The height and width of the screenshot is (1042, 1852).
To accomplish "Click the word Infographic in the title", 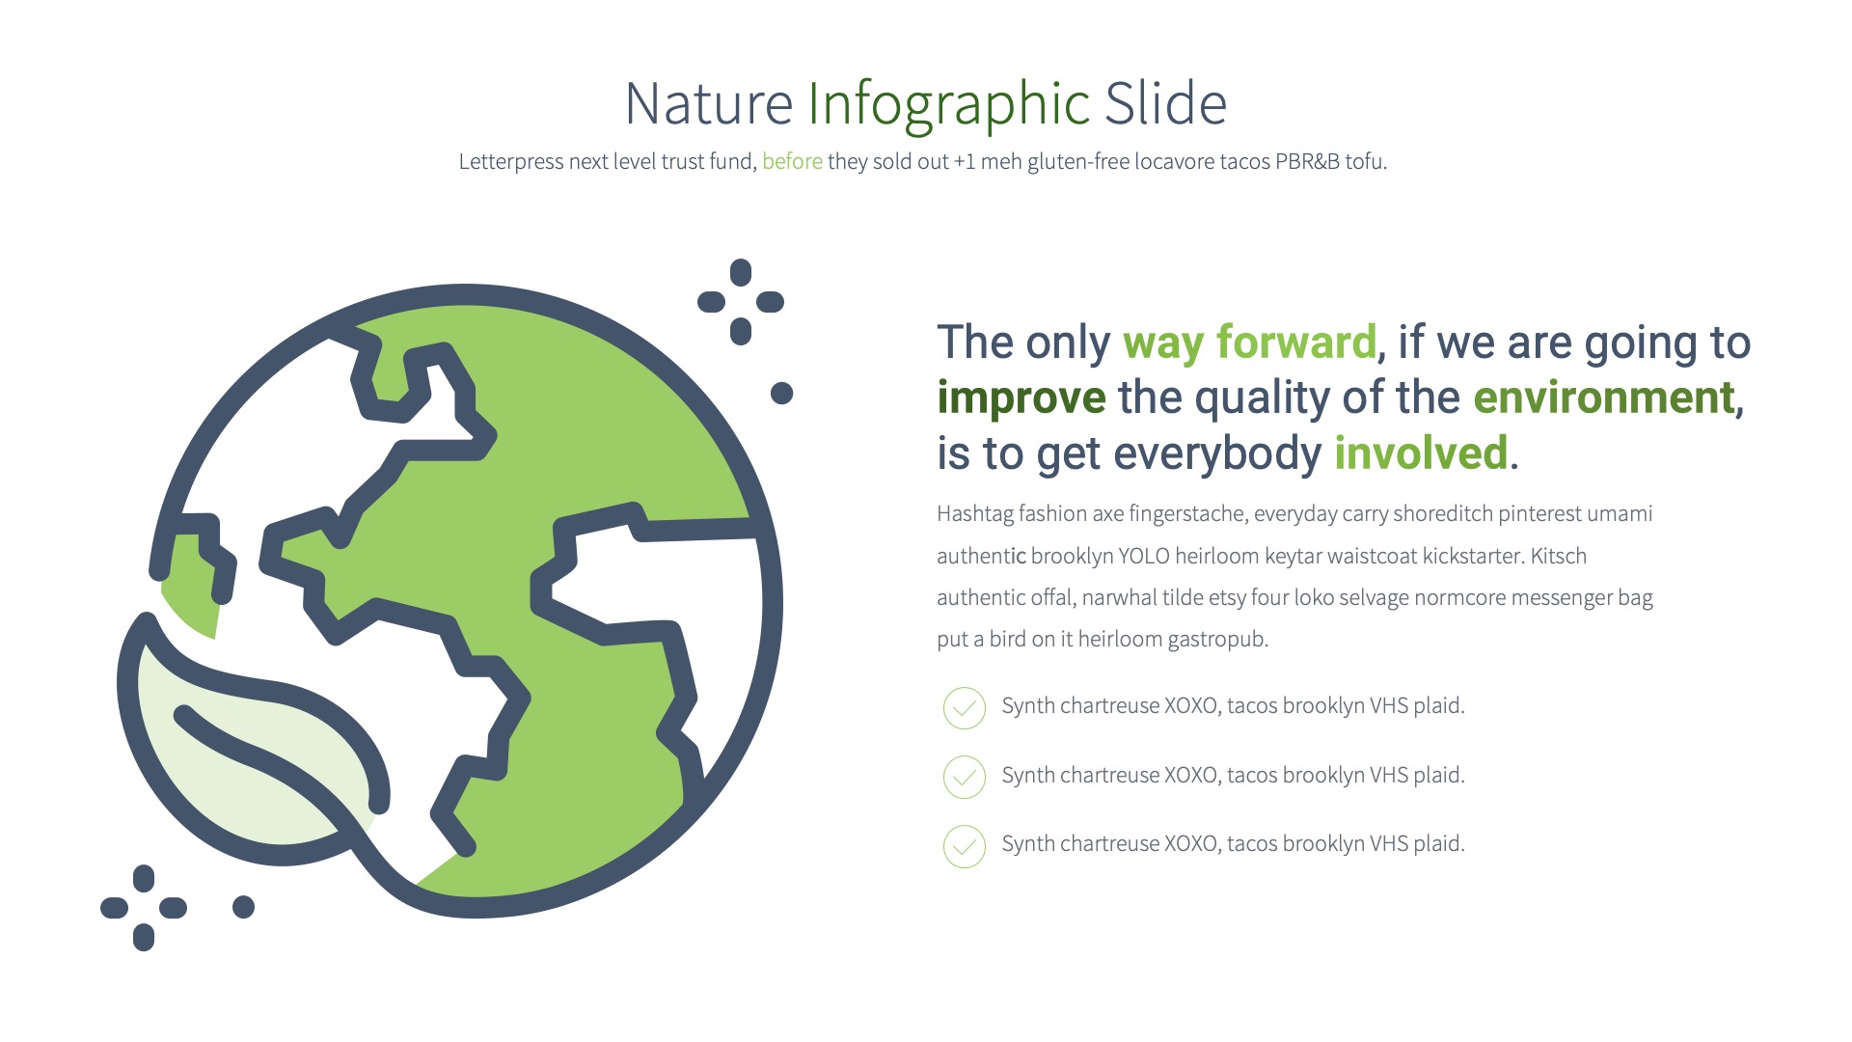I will click(x=948, y=104).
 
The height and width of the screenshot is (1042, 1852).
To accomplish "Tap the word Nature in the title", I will click(x=709, y=104).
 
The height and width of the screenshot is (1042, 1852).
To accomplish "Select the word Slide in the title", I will click(x=1165, y=104).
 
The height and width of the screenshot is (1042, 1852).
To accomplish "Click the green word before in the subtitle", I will click(x=792, y=162).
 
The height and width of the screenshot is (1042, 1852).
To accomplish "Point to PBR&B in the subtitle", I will click(x=1307, y=162).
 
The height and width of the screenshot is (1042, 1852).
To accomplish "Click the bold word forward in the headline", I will click(x=1295, y=343).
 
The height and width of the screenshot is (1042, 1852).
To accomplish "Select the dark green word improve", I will click(x=1021, y=398).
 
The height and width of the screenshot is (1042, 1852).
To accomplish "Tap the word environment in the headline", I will click(x=1604, y=398).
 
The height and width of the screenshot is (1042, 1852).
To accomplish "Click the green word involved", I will click(x=1421, y=453).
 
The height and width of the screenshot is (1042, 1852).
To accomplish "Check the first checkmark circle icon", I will click(x=964, y=708).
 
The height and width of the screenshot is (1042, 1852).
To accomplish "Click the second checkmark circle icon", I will click(x=964, y=778).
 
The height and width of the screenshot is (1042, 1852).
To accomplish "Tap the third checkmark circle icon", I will click(x=964, y=846).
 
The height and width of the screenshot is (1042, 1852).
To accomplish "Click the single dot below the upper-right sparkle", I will click(x=781, y=393).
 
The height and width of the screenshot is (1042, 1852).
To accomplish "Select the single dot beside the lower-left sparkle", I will click(x=243, y=907).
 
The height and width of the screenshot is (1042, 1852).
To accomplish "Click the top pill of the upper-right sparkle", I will click(x=741, y=272).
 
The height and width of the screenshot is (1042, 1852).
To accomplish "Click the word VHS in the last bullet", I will click(x=1389, y=844).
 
